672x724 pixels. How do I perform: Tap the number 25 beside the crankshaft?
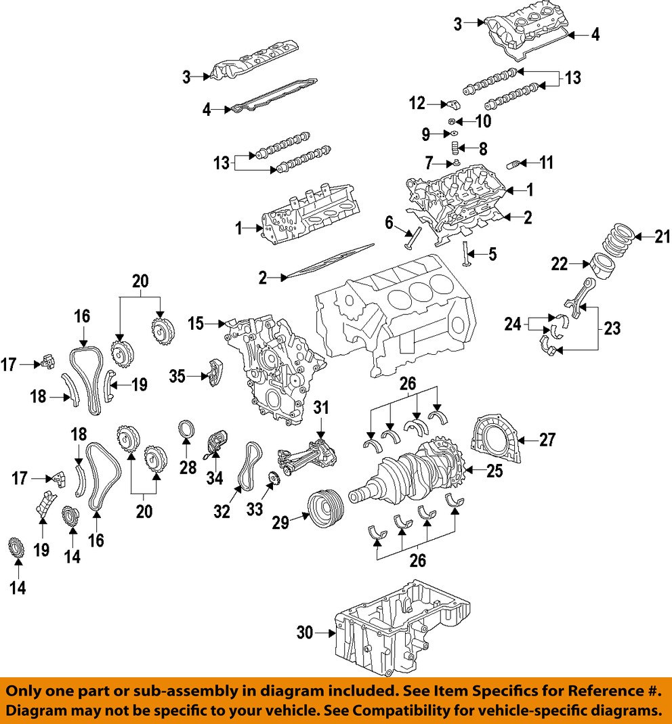[x=494, y=471]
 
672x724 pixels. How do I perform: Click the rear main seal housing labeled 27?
[x=498, y=441]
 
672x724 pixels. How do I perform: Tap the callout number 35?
[x=177, y=375]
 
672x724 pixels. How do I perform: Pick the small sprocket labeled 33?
[x=274, y=482]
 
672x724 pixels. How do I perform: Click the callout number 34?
[x=214, y=479]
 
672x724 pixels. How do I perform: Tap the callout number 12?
[x=417, y=104]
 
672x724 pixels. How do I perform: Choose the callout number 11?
[x=546, y=163]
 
